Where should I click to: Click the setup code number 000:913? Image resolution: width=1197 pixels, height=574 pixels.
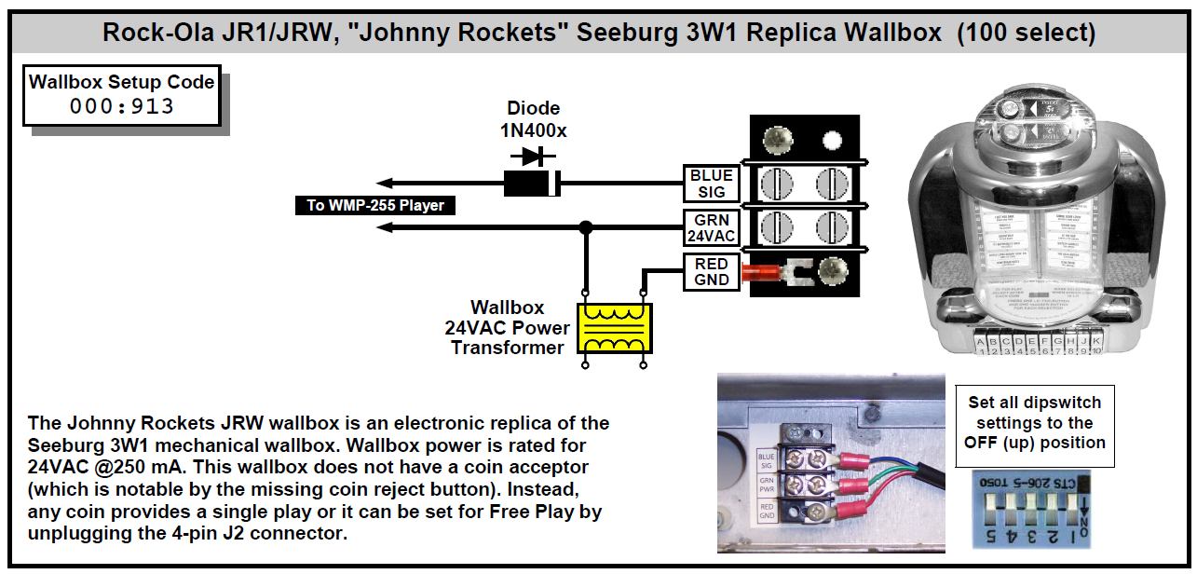tap(122, 105)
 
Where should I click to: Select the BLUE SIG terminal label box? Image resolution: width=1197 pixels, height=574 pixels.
tap(712, 184)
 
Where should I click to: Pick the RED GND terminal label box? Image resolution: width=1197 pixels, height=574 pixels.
tap(712, 272)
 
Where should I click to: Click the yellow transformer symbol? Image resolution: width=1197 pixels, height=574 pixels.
tap(614, 328)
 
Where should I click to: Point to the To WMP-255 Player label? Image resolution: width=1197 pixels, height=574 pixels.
tap(375, 205)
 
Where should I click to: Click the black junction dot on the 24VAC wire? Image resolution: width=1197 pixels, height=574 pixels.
tap(585, 227)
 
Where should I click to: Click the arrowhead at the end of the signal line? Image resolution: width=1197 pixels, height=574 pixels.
tap(385, 184)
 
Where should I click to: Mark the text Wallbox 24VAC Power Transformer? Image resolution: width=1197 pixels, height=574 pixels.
tap(507, 327)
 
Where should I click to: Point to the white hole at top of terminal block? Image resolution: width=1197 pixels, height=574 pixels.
tap(832, 142)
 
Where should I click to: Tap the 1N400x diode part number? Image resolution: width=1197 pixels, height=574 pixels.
tap(533, 130)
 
